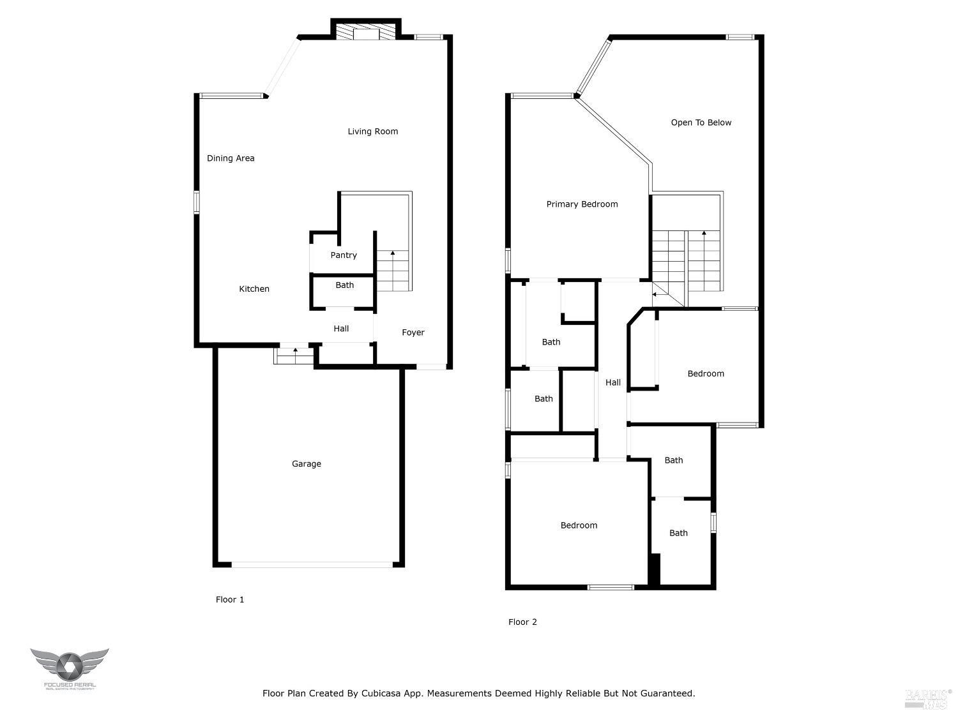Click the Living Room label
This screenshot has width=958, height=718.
[372, 131]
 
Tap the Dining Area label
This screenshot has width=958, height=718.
[231, 158]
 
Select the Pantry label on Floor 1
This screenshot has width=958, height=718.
[344, 255]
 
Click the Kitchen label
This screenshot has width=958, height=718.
[254, 289]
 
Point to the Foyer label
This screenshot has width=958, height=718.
[413, 333]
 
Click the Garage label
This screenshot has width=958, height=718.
[307, 464]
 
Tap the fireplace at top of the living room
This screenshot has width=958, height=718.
[367, 33]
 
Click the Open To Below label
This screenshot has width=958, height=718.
[701, 123]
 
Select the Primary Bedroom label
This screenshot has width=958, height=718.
[582, 204]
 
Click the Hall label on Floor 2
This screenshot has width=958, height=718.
[613, 383]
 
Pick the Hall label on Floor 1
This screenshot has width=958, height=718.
[341, 329]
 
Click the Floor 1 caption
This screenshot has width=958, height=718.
[230, 600]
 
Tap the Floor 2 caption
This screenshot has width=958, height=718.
[522, 622]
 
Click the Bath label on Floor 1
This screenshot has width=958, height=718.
[345, 285]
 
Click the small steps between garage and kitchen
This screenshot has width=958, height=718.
[294, 355]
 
